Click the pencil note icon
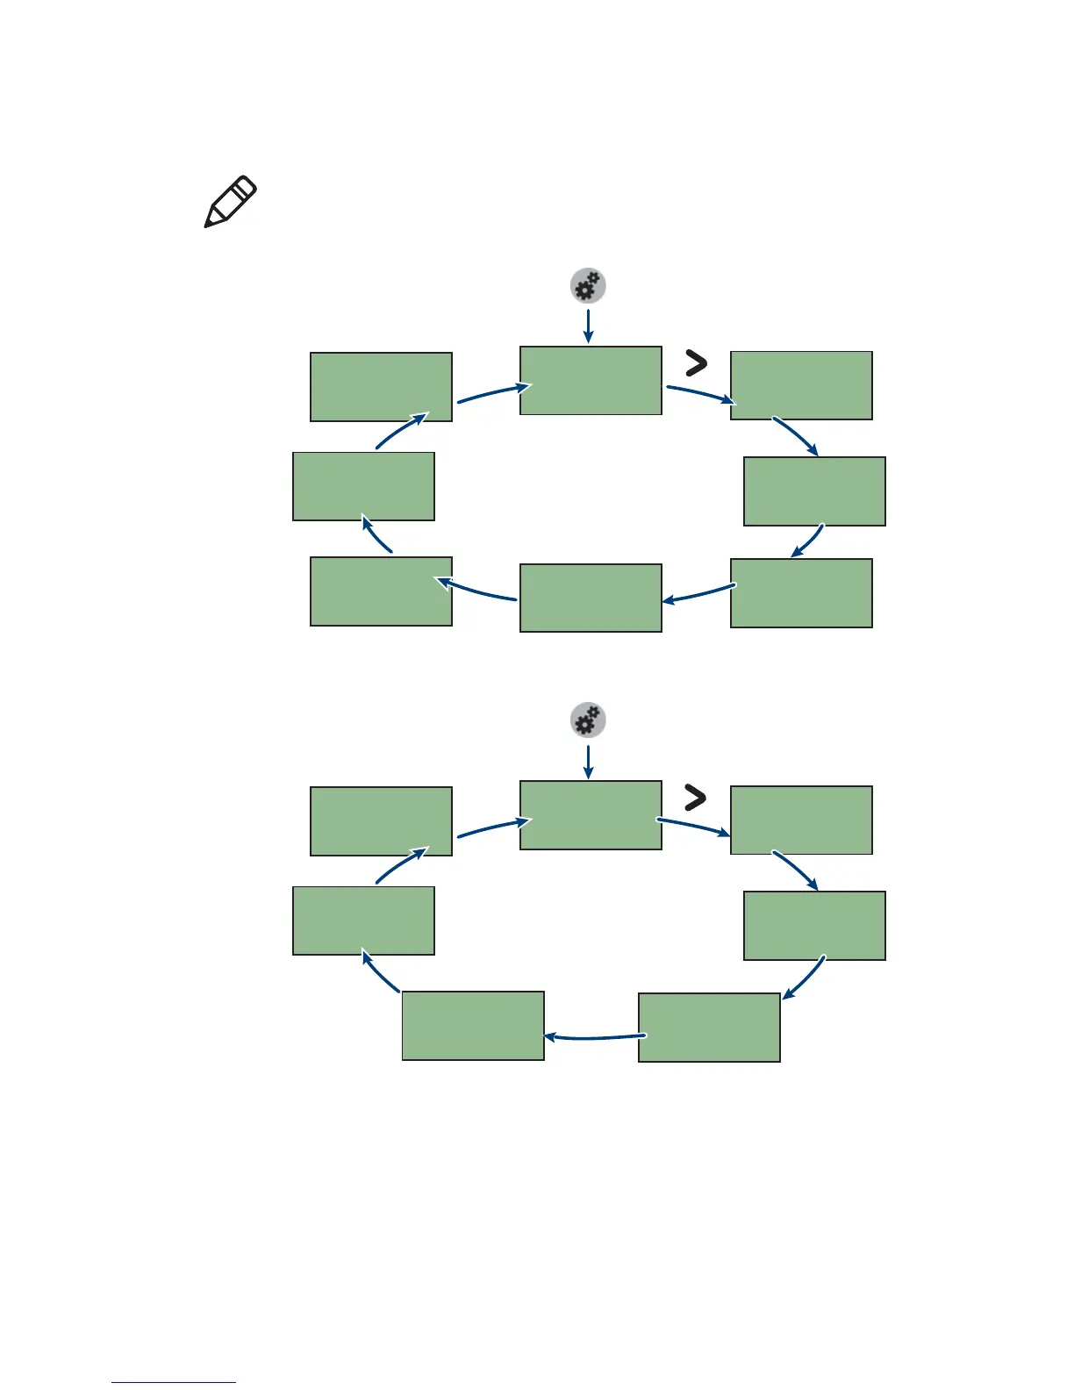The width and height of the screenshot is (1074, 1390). click(230, 202)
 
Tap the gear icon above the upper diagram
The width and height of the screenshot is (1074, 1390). click(588, 286)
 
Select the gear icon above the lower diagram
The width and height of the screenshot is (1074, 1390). click(588, 720)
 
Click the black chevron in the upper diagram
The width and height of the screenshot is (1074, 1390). click(696, 362)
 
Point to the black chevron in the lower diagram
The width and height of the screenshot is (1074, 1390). click(695, 797)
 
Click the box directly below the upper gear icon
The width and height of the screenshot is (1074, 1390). click(591, 380)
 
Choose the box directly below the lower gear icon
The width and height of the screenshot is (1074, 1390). click(591, 814)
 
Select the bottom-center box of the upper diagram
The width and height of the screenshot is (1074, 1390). click(591, 598)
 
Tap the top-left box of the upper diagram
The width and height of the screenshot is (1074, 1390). click(381, 387)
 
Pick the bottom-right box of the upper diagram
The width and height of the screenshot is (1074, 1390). click(801, 593)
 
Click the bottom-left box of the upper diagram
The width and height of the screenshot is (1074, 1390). click(381, 591)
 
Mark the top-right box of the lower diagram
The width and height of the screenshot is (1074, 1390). click(801, 820)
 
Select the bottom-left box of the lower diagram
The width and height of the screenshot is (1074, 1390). click(473, 1026)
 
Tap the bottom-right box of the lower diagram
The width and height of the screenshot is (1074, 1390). click(709, 1028)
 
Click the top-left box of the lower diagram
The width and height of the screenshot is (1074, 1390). click(381, 821)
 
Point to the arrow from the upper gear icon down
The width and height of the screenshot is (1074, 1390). click(588, 325)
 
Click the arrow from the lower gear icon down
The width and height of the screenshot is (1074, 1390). click(588, 761)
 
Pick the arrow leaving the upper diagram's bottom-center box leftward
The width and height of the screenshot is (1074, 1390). click(477, 591)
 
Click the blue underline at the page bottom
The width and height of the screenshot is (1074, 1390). click(174, 1382)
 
